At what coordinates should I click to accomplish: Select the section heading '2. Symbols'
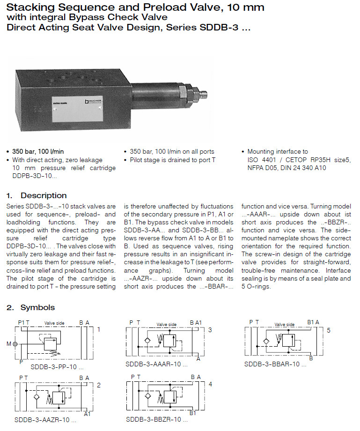click(x=31, y=307)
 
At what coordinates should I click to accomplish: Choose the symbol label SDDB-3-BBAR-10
click(x=275, y=364)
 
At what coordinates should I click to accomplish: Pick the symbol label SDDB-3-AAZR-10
click(x=45, y=419)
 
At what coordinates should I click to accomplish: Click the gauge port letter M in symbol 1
click(x=8, y=344)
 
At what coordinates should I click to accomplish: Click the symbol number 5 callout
click(x=329, y=330)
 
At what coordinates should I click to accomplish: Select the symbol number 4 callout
click(x=210, y=384)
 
